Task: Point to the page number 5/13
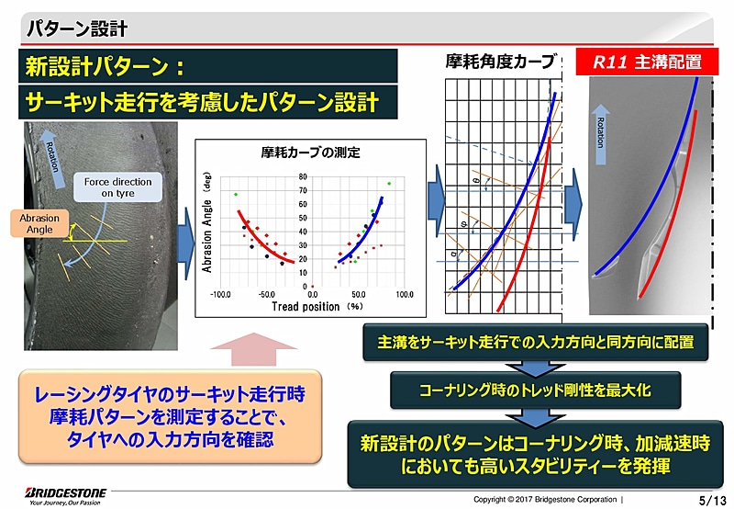711,499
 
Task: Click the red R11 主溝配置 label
650,63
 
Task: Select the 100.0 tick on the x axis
404,295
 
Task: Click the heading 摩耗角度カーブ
500,62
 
